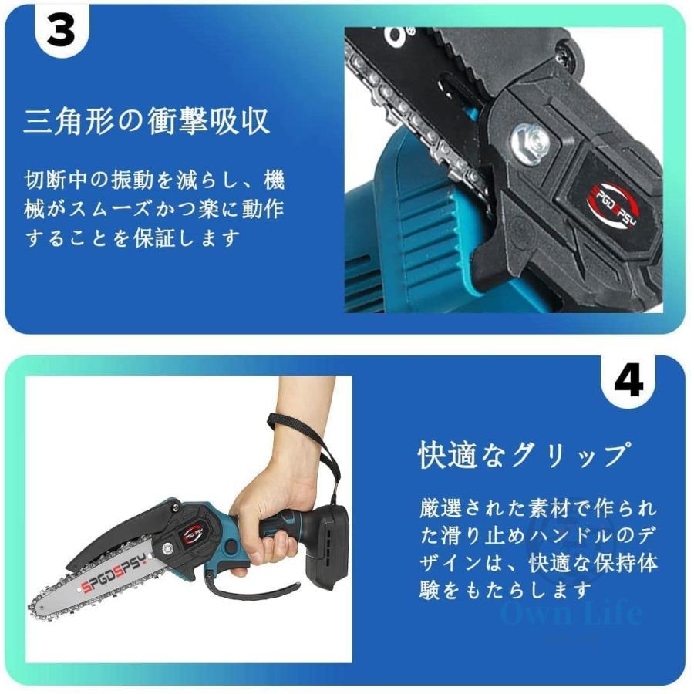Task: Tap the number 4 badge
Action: [x=628, y=381]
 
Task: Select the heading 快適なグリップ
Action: [x=524, y=455]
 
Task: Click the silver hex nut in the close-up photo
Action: [x=531, y=143]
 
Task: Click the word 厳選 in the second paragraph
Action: [x=441, y=509]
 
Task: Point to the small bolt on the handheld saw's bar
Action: [x=167, y=550]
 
